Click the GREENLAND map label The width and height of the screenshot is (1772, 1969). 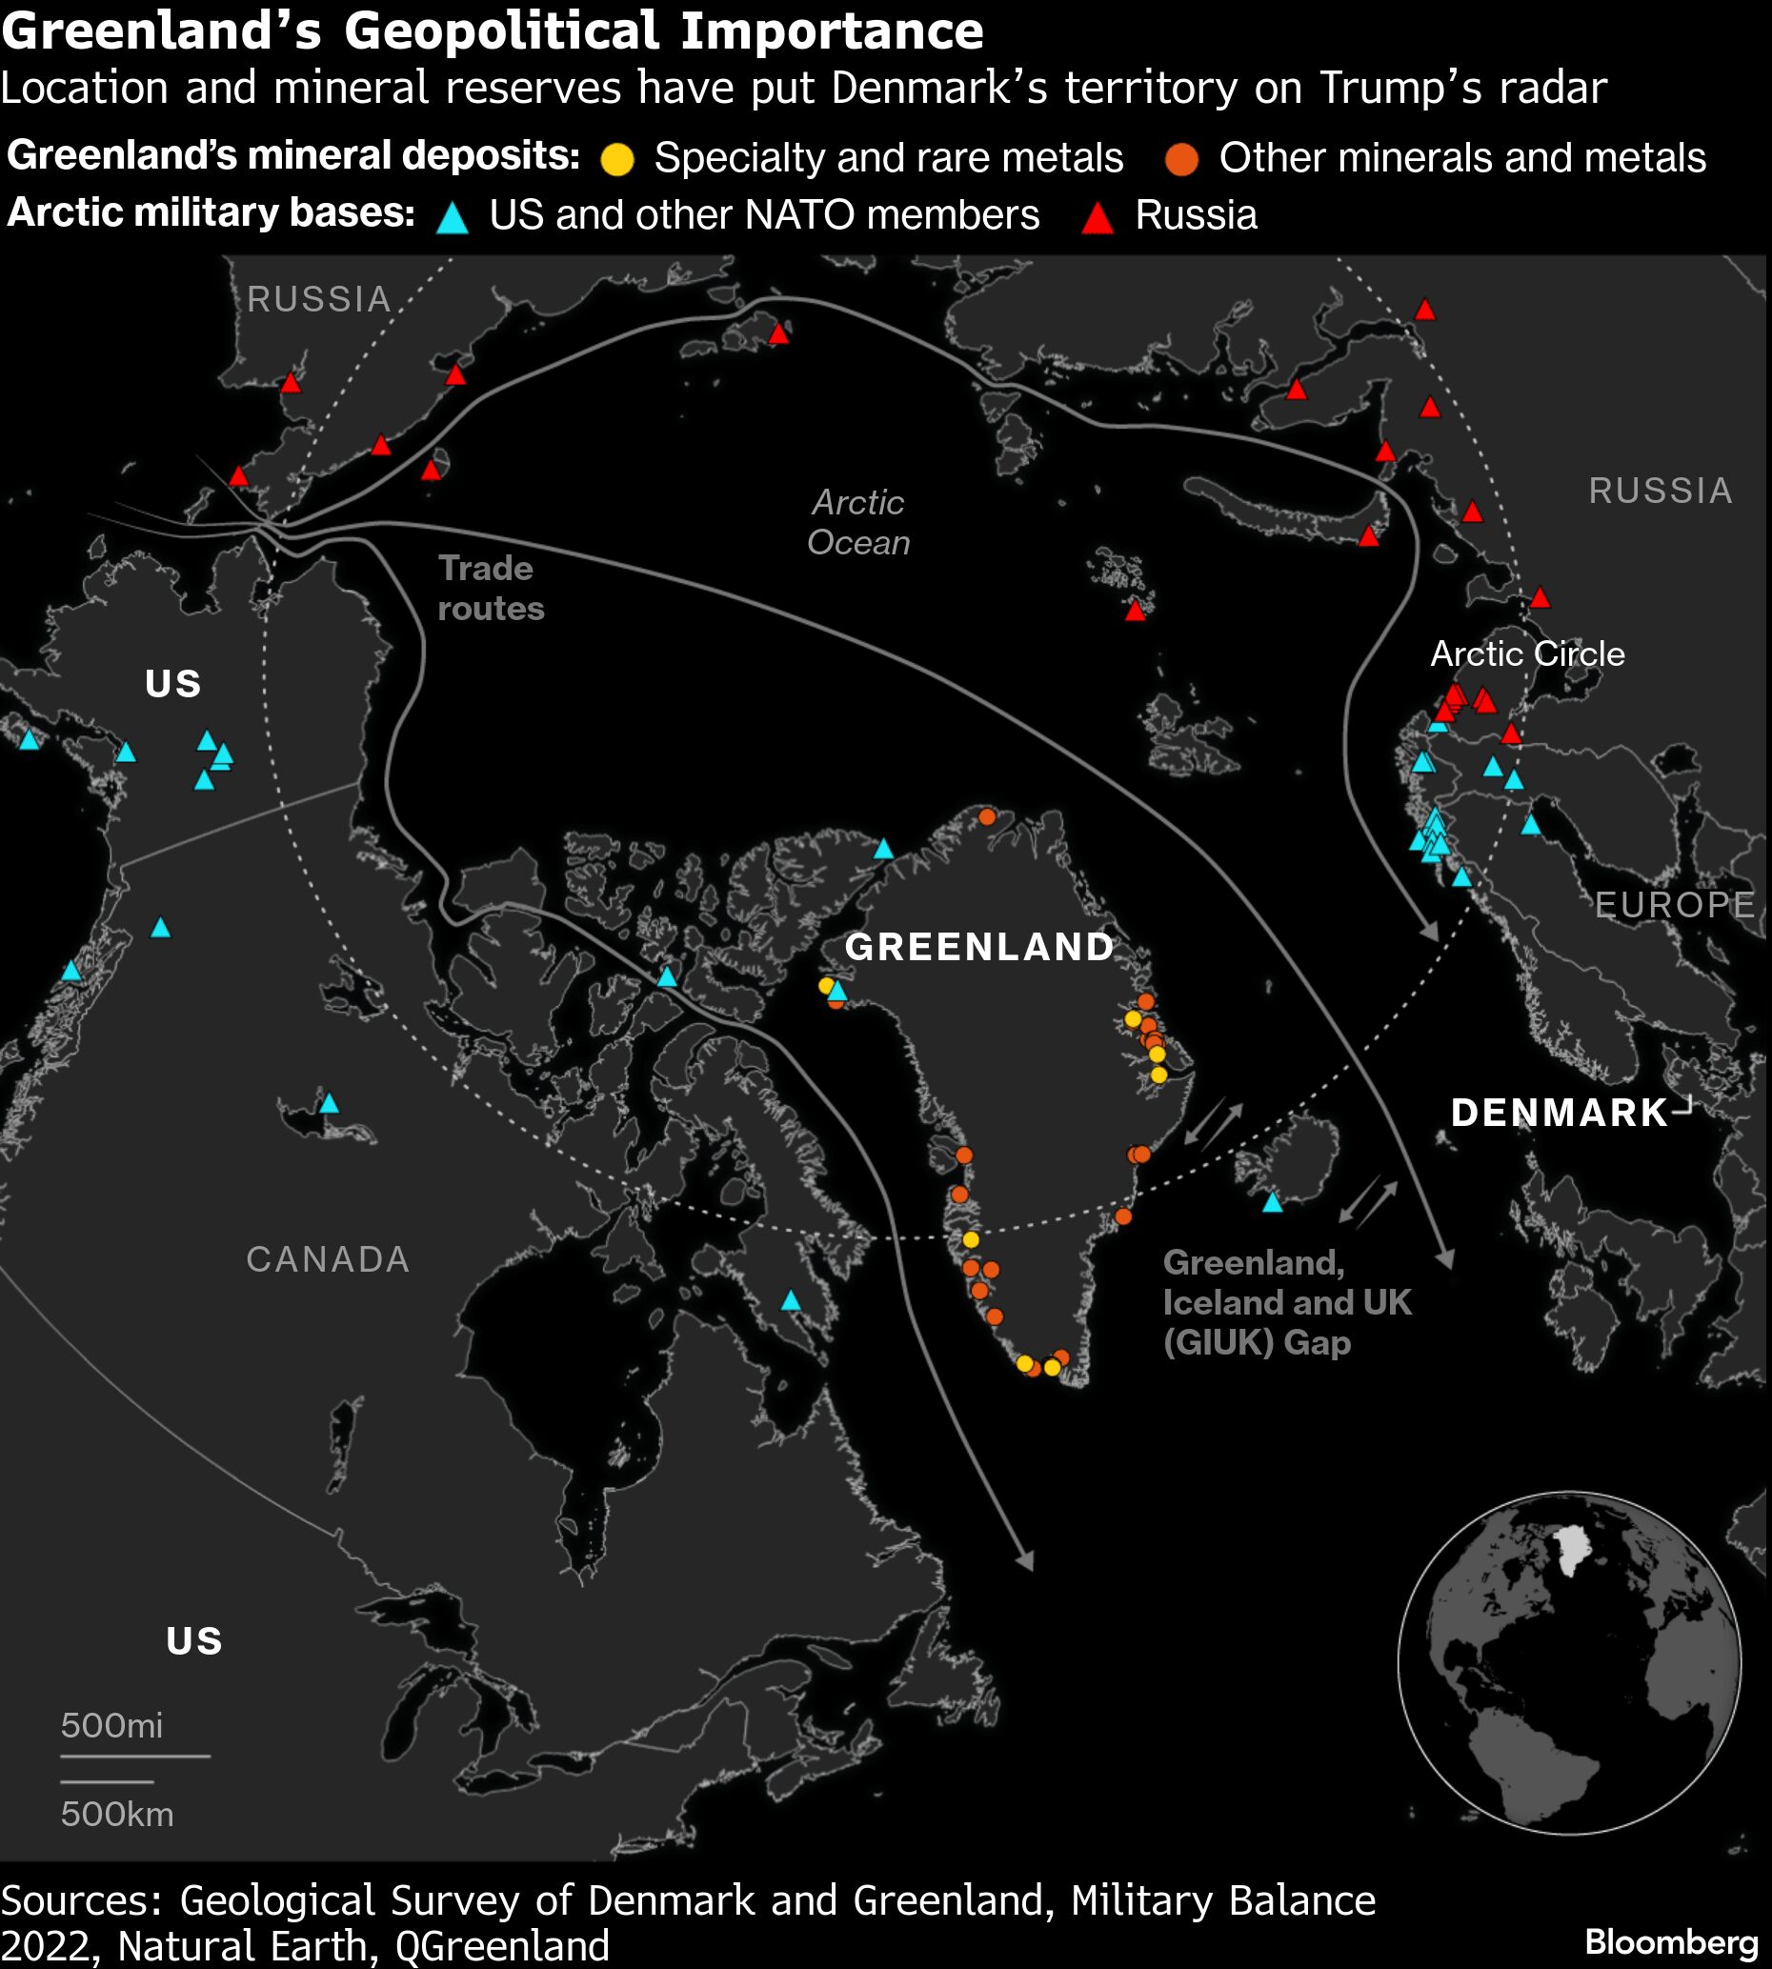(978, 947)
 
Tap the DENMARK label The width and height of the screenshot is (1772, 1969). (1559, 1113)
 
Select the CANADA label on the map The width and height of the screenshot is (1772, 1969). (327, 1259)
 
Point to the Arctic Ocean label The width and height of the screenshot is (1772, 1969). (858, 523)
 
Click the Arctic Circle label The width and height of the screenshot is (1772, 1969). (1526, 653)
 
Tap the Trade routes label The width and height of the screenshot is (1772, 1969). (490, 588)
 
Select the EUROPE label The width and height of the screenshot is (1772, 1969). (1675, 905)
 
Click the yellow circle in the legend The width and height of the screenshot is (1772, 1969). (617, 159)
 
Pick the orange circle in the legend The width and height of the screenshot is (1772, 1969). (1182, 159)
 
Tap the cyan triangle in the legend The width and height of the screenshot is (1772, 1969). (452, 217)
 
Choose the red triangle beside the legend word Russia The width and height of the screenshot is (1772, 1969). (1098, 217)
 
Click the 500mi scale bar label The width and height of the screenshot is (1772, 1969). (111, 1726)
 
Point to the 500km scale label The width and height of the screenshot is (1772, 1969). (117, 1815)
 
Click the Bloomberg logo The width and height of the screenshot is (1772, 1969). (1671, 1941)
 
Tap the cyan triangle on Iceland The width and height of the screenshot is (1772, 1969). (1273, 1203)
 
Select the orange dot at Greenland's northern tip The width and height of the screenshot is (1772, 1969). (987, 816)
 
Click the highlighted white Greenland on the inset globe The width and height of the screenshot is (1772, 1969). (1568, 1549)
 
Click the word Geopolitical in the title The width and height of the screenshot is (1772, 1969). (500, 30)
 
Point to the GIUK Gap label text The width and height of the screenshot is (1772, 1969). (1286, 1302)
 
